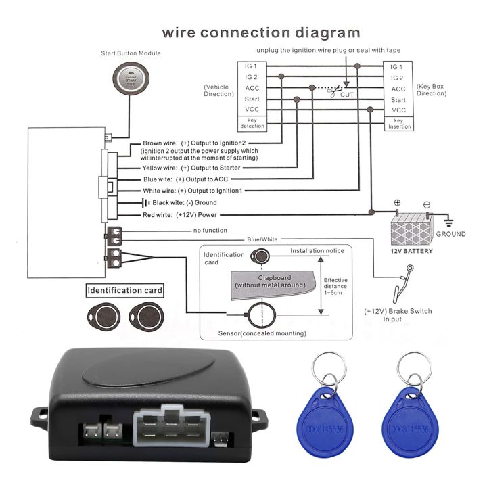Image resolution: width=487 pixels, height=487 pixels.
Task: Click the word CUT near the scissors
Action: point(347,95)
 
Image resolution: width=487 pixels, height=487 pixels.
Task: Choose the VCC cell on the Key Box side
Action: point(398,110)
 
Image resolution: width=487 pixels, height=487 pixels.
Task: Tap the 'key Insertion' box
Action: point(398,123)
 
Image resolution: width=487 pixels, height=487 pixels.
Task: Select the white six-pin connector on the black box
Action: point(168,427)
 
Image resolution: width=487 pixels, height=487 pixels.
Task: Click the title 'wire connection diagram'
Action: point(260,32)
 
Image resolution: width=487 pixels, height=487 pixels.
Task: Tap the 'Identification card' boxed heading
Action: point(124,292)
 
